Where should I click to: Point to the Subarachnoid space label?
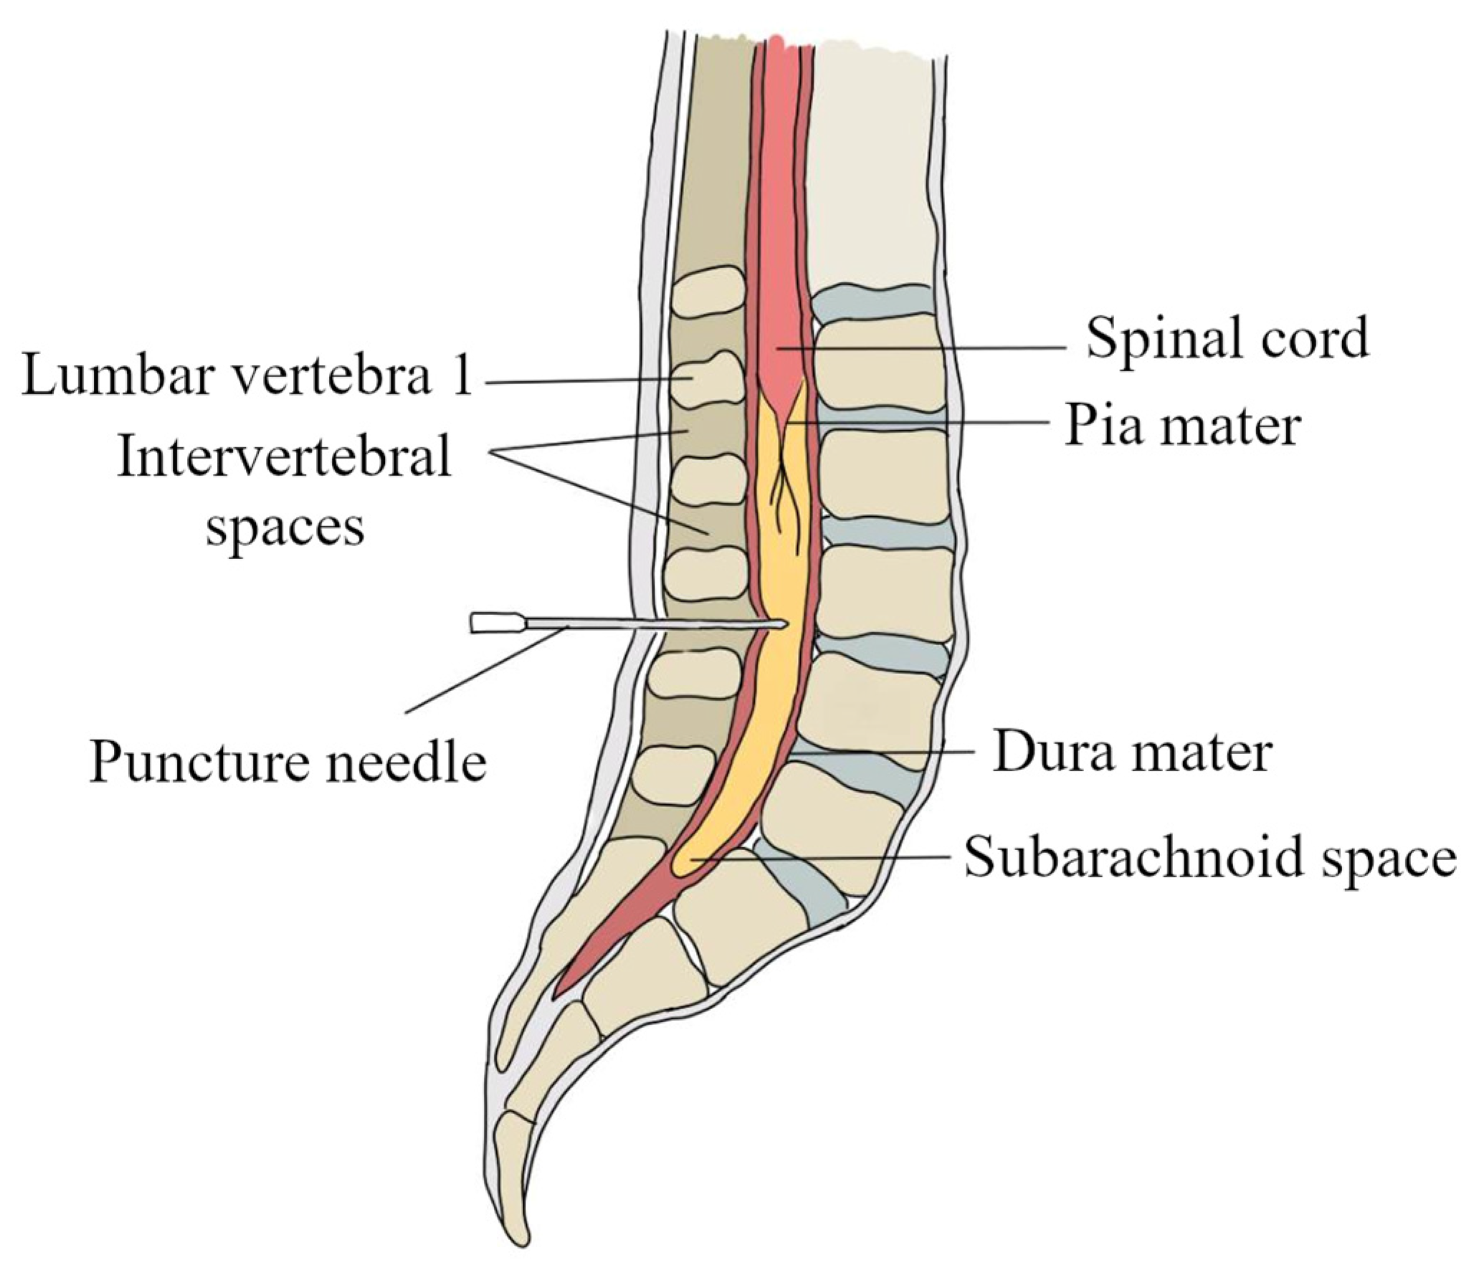coord(1209,858)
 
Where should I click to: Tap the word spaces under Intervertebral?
coord(285,528)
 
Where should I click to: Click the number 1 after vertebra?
coord(462,377)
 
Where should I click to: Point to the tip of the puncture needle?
coord(787,623)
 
